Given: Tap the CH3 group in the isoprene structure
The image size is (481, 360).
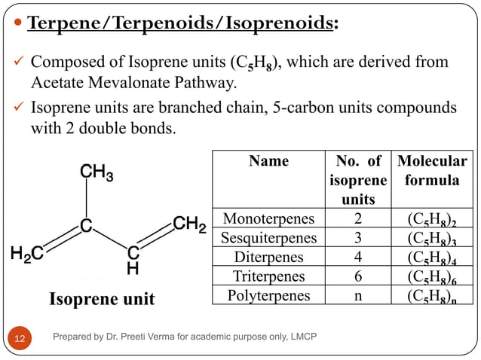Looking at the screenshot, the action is [x=97, y=175].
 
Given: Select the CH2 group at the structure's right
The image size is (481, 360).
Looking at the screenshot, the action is [x=189, y=224].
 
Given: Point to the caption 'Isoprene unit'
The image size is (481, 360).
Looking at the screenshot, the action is [x=102, y=299].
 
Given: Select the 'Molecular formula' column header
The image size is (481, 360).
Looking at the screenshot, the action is [x=432, y=171].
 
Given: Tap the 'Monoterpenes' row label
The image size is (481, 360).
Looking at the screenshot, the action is [x=268, y=219].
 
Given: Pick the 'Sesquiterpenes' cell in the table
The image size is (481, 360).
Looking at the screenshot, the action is [x=268, y=238].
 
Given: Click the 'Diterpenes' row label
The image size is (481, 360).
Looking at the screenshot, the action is [x=268, y=257].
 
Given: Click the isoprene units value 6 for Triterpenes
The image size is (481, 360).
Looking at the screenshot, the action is [x=358, y=276].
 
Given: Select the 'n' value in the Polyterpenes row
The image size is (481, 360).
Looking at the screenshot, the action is [x=358, y=295].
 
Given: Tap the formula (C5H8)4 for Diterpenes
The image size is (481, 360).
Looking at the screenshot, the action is [x=432, y=258].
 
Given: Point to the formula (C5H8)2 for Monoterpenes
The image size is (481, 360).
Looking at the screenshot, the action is [x=432, y=220].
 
